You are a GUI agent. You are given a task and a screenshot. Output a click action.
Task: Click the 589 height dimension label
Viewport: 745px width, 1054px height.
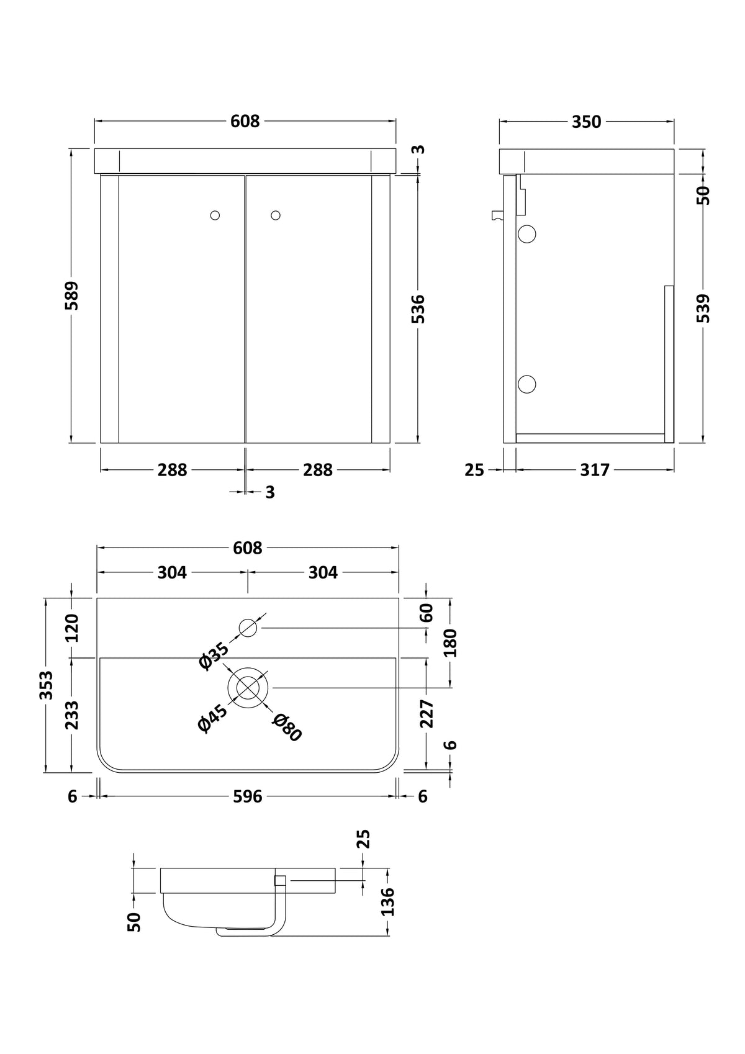click(71, 295)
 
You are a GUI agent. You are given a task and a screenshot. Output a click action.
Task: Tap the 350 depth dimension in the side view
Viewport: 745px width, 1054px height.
click(587, 122)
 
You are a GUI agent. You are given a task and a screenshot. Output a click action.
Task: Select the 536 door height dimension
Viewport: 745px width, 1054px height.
click(418, 309)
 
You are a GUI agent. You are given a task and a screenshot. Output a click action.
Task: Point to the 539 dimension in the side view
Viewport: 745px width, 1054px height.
click(703, 309)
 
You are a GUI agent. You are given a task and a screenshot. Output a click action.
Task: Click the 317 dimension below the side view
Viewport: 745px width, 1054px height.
click(595, 470)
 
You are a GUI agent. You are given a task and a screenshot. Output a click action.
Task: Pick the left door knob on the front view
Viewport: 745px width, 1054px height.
click(215, 215)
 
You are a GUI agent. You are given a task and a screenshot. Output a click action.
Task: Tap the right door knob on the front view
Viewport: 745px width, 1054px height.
click(276, 215)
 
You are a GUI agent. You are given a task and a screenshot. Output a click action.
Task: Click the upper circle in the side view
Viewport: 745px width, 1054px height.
click(527, 234)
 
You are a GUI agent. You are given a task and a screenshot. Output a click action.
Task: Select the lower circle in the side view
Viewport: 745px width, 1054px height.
click(527, 384)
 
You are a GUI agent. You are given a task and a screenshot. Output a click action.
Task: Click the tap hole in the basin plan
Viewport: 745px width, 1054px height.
click(248, 628)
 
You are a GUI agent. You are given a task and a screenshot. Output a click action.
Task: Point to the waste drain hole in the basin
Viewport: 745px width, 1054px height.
click(248, 688)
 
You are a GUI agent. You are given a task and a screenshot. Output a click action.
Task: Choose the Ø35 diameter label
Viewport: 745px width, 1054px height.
click(214, 655)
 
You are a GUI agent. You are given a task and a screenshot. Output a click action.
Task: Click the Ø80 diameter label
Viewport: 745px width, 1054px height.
click(287, 727)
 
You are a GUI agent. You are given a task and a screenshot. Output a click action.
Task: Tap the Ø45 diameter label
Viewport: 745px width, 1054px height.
click(212, 719)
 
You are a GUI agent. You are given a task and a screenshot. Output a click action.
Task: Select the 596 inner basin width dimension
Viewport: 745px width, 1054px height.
click(248, 796)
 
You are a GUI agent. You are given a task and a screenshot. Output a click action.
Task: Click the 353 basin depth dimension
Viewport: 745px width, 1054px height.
click(46, 685)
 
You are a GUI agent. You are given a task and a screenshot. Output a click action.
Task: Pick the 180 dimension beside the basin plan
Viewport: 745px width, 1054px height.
click(450, 642)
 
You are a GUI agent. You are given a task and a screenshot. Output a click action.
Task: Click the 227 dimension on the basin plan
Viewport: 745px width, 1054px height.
click(426, 714)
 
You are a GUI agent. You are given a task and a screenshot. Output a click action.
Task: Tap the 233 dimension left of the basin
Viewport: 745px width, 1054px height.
click(71, 715)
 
